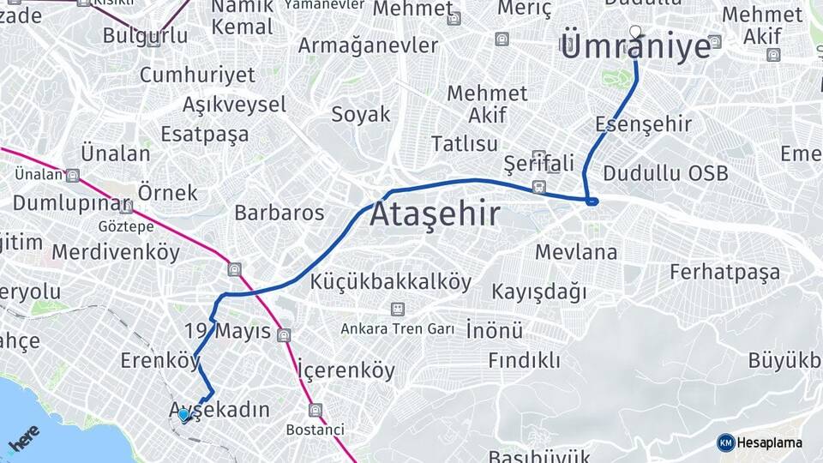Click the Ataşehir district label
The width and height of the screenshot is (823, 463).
[x=435, y=214]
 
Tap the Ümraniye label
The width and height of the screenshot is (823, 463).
[x=636, y=46]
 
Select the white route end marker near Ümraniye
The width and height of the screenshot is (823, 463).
[x=635, y=33]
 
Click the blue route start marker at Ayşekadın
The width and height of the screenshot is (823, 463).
[x=184, y=415]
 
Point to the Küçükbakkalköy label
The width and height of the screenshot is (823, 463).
[x=391, y=281]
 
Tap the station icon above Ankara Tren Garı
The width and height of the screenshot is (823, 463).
[x=397, y=309]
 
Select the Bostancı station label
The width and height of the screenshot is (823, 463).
[x=315, y=429]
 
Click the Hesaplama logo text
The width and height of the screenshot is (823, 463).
[x=770, y=442]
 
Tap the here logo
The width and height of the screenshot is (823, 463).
[x=23, y=437]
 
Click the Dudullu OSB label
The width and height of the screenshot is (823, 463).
[x=665, y=173]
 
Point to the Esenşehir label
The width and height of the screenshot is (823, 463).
[x=643, y=124]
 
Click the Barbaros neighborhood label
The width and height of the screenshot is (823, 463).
[x=279, y=213]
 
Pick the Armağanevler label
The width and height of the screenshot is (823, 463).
[x=368, y=45]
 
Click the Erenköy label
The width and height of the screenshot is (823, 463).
[x=159, y=361]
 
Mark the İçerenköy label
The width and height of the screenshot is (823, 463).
[x=346, y=370]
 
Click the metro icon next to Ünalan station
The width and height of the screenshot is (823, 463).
[x=73, y=175]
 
